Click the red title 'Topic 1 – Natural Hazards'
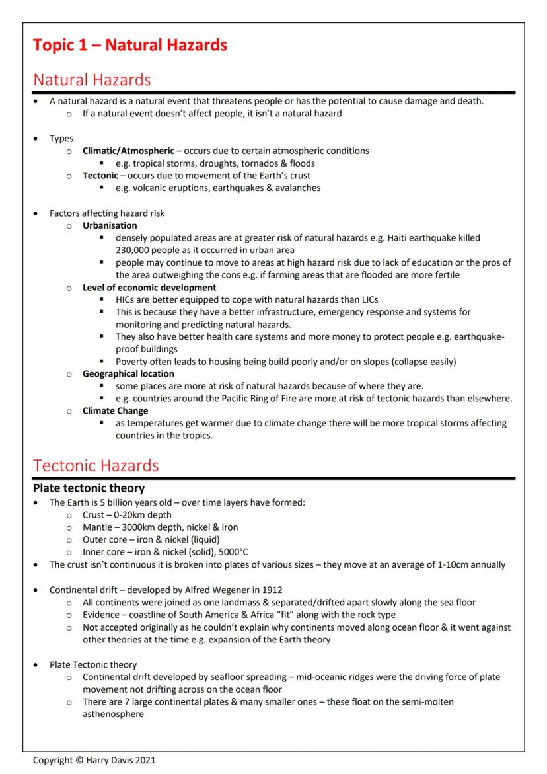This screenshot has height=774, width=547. (x=130, y=45)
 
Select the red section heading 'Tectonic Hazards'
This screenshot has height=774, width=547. (x=96, y=465)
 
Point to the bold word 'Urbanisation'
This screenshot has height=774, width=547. (x=110, y=225)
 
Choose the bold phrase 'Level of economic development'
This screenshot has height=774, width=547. (x=149, y=288)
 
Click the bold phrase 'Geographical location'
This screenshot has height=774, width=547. (x=128, y=373)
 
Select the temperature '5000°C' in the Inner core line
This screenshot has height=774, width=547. (x=229, y=552)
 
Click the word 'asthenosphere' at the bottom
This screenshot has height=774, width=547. (x=113, y=714)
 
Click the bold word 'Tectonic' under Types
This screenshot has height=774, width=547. (x=100, y=175)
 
